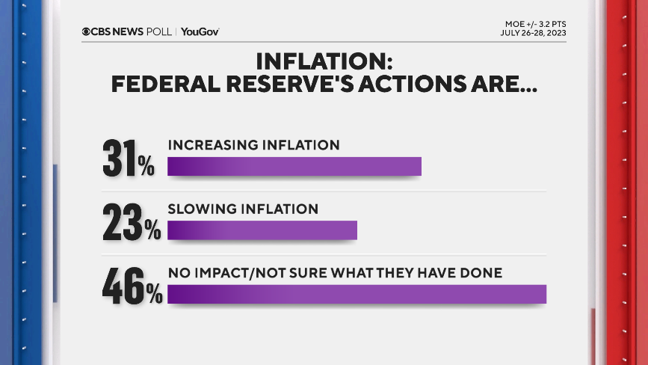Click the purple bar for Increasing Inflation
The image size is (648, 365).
coord(294,166)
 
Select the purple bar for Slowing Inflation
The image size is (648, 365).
coord(262,230)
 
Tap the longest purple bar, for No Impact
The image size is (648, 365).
coord(357,294)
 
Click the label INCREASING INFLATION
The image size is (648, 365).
coord(253,144)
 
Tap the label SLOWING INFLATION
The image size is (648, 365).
coord(243,209)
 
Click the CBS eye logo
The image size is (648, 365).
coord(87,31)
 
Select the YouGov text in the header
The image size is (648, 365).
coord(200,31)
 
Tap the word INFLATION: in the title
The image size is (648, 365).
coord(323,61)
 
